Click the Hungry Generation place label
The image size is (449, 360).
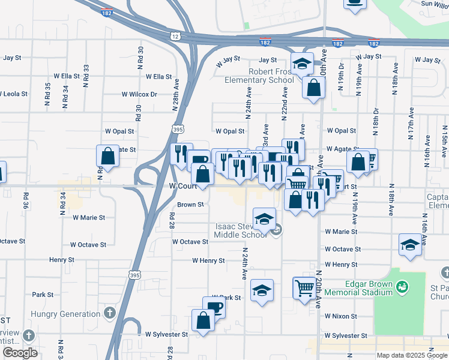coord(68,314)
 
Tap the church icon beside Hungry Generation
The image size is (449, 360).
coord(109,313)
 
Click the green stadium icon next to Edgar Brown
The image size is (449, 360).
coord(402,288)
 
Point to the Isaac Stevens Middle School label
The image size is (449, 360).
coord(241,230)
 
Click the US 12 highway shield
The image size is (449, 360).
coord(175,36)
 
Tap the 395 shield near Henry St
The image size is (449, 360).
coord(134,274)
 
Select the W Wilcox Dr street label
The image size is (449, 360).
coord(139,94)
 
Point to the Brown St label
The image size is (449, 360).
coord(191,205)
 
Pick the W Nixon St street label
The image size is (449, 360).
coord(341,316)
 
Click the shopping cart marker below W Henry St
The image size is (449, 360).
coord(304,287)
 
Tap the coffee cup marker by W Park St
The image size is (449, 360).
coord(214,307)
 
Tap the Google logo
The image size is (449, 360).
coord(19,353)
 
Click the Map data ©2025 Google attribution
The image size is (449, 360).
coord(411,355)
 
